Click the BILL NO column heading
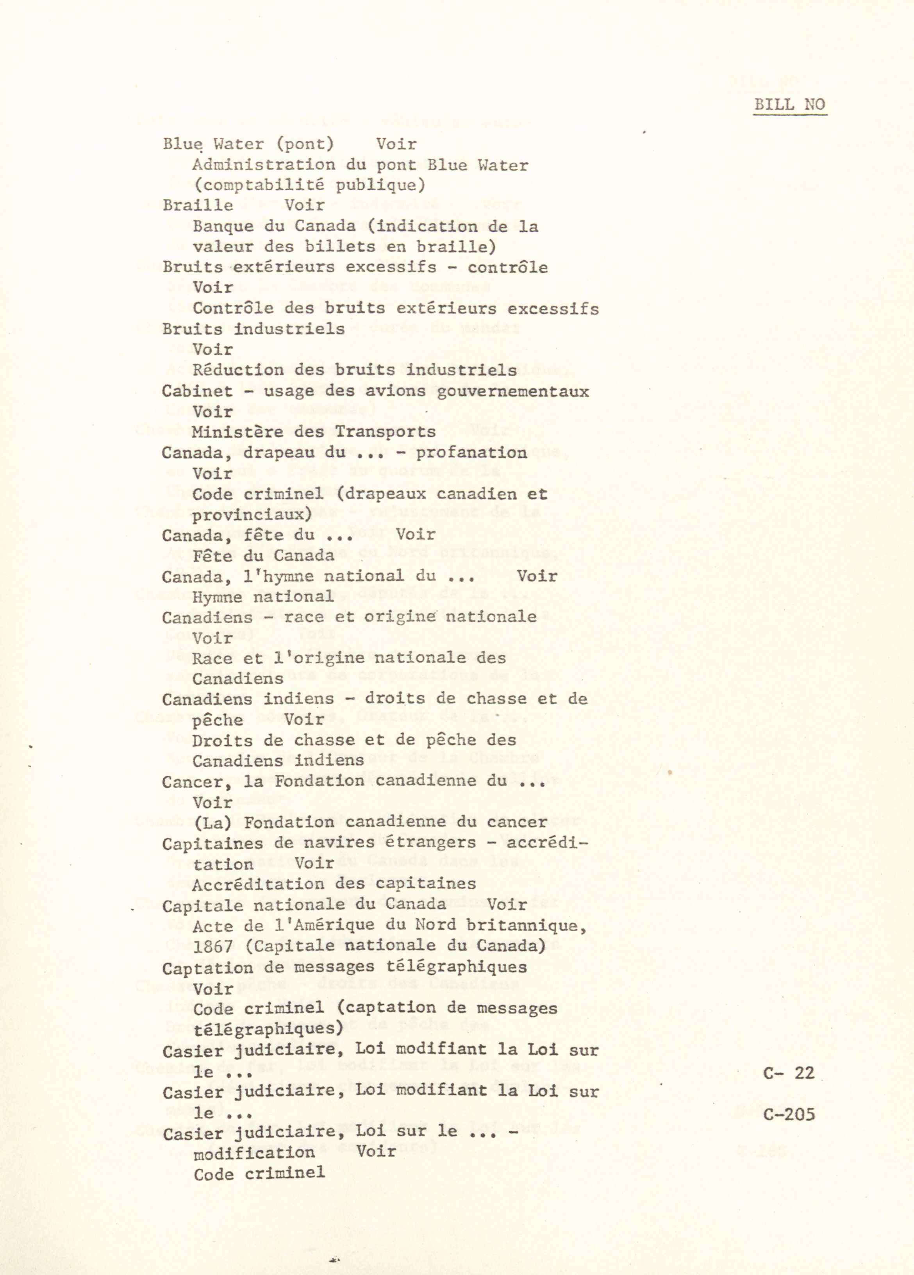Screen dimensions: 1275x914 click(789, 105)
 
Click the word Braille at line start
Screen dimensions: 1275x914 click(198, 205)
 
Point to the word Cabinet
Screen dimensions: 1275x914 click(197, 391)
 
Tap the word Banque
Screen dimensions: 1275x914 click(223, 226)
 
